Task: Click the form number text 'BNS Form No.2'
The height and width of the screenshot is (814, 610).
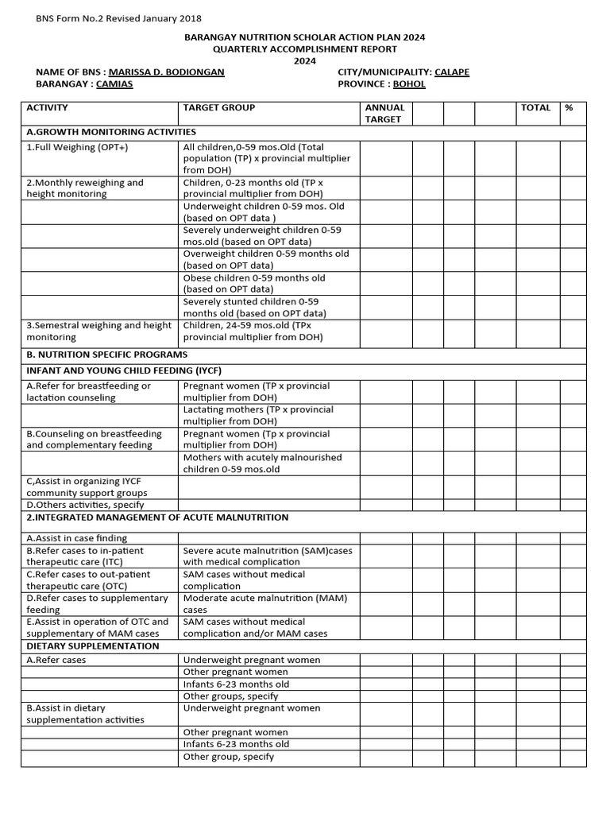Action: click(71, 18)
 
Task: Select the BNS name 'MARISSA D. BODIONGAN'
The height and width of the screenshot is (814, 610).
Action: click(166, 72)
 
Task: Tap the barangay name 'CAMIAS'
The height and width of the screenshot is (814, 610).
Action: click(114, 84)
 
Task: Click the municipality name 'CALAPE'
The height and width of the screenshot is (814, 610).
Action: click(451, 72)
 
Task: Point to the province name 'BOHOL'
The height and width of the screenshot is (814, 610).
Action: click(411, 84)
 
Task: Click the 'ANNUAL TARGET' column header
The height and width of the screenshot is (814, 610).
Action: click(384, 113)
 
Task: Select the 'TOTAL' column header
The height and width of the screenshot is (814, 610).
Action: click(535, 107)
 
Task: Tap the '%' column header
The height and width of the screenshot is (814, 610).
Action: click(569, 107)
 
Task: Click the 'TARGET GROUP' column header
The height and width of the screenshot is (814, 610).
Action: click(219, 107)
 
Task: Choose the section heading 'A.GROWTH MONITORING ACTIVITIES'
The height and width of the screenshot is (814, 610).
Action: click(111, 132)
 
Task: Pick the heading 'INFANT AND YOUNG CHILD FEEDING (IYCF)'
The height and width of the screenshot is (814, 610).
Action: click(124, 370)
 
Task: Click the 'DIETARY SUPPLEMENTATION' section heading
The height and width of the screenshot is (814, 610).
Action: click(92, 646)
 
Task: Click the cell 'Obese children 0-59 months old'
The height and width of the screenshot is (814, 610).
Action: click(254, 284)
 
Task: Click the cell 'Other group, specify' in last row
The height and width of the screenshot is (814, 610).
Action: click(229, 757)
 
